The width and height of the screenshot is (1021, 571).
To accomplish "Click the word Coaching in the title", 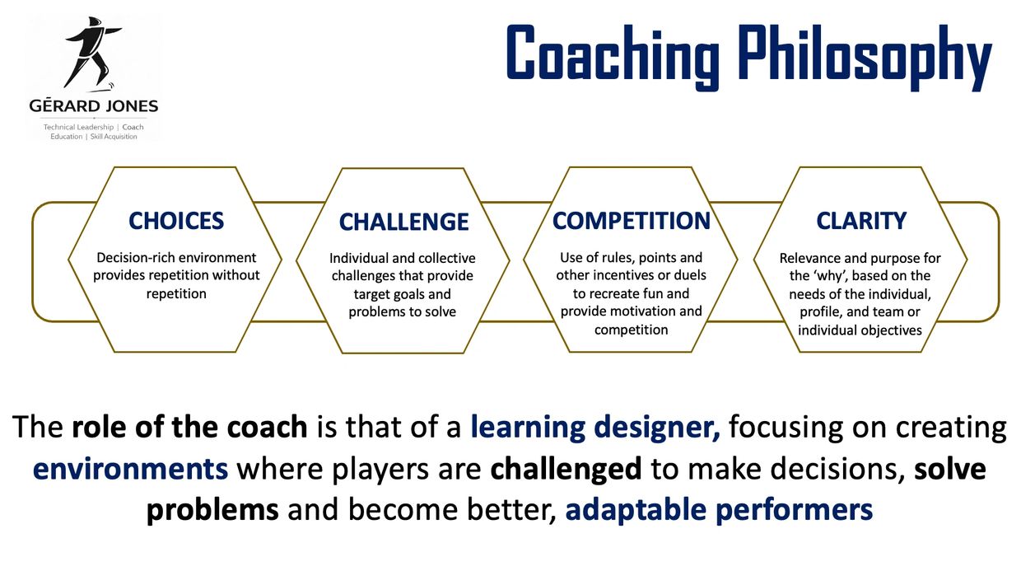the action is point(613,54).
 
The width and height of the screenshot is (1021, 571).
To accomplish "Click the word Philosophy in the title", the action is point(865,57).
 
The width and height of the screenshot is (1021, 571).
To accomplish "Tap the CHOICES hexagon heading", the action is point(176,221).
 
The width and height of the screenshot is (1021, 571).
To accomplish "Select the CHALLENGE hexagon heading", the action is point(403,222).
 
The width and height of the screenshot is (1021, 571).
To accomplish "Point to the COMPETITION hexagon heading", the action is point(632,221).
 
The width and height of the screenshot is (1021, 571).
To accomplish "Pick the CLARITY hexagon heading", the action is point(861,221).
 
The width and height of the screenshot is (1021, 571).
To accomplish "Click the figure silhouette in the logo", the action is point(93,54).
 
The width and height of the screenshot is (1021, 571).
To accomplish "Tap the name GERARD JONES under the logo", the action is point(94,105).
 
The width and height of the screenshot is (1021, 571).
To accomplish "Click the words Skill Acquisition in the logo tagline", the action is point(114,137).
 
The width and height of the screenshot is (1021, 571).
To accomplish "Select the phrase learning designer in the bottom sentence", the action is point(595,428).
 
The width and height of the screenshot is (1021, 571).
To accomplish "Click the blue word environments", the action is point(130,469).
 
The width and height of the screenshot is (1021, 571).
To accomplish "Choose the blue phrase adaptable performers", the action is point(719,510).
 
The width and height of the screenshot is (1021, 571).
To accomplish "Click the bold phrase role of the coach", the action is point(189,427).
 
